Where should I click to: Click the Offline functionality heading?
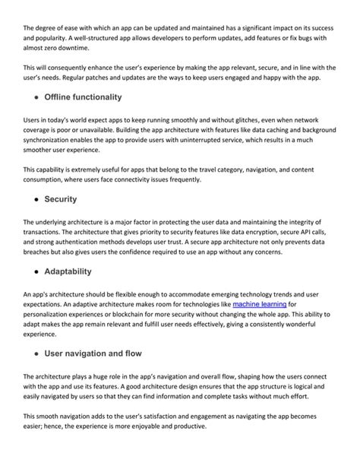point(83,97)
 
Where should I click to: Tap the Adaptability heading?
point(68,271)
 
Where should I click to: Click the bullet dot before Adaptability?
point(36,272)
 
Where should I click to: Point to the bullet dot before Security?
point(36,199)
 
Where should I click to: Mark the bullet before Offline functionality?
point(36,98)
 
